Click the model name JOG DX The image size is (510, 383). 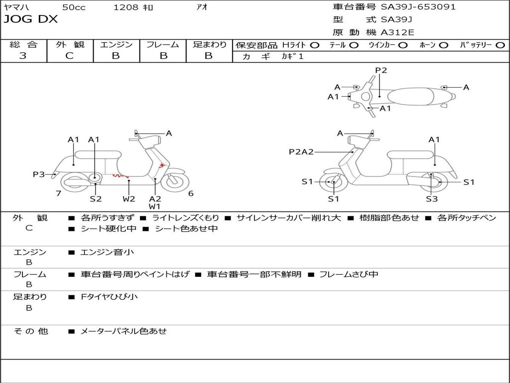tap(31, 19)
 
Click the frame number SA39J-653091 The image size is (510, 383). tap(418, 7)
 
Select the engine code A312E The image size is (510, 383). tap(398, 33)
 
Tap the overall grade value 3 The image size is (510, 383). tap(23, 56)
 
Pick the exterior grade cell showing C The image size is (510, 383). tap(70, 56)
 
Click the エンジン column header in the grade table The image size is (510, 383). tap(116, 44)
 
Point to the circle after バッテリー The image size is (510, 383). tap(501, 45)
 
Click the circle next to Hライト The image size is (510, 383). tap(314, 45)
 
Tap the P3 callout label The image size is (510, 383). tap(39, 174)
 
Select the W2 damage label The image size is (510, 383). tap(129, 199)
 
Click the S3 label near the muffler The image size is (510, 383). tap(431, 199)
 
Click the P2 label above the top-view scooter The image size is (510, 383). tap(381, 70)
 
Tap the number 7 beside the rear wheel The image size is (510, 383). tap(58, 193)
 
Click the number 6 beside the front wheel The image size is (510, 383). tap(191, 193)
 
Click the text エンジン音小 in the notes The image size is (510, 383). tap(107, 252)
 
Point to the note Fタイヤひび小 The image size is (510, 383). tap(109, 297)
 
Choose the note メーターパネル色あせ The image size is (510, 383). tap(124, 331)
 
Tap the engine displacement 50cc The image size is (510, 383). tap(74, 7)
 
